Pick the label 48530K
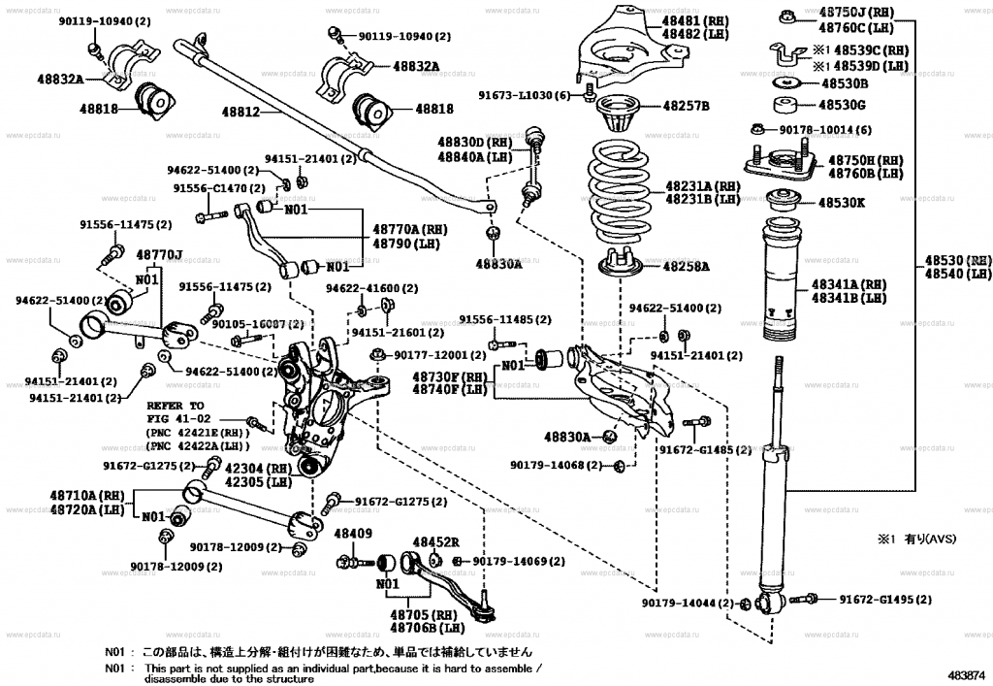842,204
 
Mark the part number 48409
352,534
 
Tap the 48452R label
435,542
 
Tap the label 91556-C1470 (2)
219,188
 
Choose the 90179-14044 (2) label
688,603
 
